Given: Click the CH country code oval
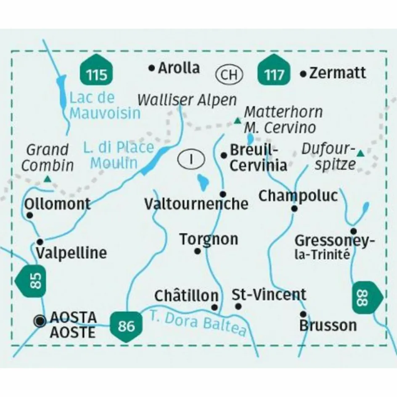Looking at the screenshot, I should pos(229,75).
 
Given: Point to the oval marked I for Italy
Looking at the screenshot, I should pos(191,159).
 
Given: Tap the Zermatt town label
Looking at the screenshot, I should pos(337,73).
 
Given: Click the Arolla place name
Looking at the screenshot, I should pos(179,68).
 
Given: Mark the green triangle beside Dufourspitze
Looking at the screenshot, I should pos(360,154).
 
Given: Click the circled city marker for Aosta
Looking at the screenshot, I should pos(40,321).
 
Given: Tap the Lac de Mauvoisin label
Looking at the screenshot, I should pos(105,106).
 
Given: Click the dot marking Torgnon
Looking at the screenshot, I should pos(197,251).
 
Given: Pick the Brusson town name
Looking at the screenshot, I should pos(328,325).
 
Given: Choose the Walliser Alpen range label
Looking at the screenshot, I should pos(187,100).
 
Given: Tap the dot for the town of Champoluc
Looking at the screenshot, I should pos(294,208).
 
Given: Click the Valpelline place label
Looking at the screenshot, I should pos(71,253).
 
